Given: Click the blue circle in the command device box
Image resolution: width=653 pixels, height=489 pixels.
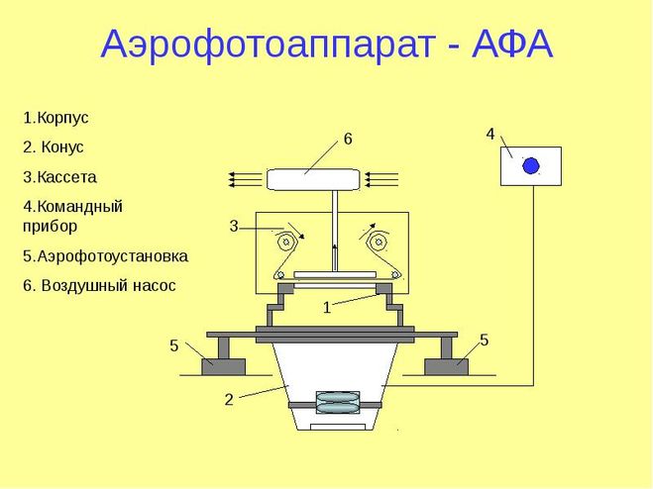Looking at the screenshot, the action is click(x=531, y=165).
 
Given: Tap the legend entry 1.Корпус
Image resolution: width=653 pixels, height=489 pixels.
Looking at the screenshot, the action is click(x=55, y=118).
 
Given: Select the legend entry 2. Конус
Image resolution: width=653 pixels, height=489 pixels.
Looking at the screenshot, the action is click(x=54, y=147).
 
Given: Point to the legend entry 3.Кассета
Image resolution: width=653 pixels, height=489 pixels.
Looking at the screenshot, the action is click(x=59, y=177).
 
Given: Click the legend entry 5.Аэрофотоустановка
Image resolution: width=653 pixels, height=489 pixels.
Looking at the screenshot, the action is click(x=105, y=256).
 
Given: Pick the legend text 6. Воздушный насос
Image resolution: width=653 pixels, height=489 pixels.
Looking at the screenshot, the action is click(x=99, y=286).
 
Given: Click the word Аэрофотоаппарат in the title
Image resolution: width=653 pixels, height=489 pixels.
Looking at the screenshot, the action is click(x=269, y=45).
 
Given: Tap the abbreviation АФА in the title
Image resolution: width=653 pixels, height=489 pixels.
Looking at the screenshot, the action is click(x=512, y=44).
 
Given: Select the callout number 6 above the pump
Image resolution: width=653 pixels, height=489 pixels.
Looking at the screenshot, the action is click(x=348, y=139).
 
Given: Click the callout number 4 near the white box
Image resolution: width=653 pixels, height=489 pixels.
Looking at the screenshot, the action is click(x=490, y=135).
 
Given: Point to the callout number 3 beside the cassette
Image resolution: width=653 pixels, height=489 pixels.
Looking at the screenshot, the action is click(x=234, y=227).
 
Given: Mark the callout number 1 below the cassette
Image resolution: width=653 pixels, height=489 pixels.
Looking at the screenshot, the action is click(x=327, y=308).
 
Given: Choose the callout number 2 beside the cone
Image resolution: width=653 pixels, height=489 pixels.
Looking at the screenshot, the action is click(x=229, y=400).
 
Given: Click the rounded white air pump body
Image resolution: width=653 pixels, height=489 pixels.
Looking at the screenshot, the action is click(x=312, y=179).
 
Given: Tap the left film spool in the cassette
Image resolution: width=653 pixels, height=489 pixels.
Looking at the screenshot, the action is click(x=285, y=242).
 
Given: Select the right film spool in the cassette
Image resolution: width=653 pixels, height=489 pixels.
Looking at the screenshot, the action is click(x=379, y=242).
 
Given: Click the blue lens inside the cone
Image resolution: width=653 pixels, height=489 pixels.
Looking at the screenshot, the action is click(x=337, y=403).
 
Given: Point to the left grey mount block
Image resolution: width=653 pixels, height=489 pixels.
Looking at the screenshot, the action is click(x=223, y=366).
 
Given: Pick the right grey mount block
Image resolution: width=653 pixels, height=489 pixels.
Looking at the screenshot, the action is click(x=446, y=366).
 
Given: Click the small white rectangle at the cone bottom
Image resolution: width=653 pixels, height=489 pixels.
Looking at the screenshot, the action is click(x=338, y=427).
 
